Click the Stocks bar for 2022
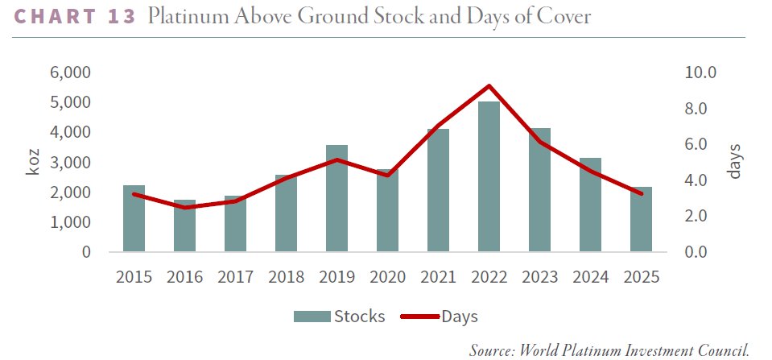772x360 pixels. pos(489,176)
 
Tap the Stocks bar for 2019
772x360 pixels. pos(336,198)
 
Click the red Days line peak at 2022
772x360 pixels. pos(489,85)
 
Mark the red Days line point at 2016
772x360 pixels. pos(184,208)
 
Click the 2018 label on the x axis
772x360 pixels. pos(286,277)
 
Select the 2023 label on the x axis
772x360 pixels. pos(539,277)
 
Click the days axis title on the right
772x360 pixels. pos(733,162)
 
